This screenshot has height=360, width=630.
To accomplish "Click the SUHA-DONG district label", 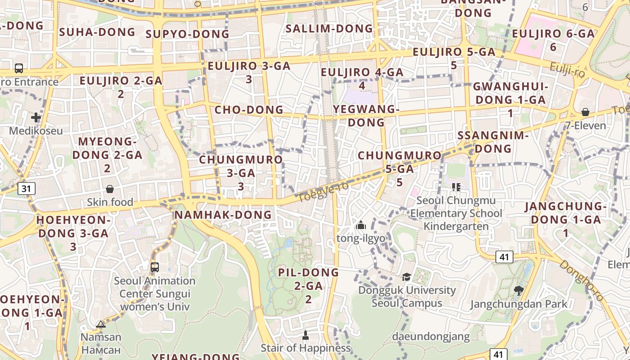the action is coord(97,32).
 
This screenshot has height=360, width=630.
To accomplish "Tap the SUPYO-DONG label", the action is coord(188,34).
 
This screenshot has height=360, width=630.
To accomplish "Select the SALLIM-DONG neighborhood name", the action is coord(329,29).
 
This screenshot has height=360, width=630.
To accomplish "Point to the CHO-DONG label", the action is coord(249,110).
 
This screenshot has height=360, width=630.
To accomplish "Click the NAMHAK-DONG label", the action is coord(223,215).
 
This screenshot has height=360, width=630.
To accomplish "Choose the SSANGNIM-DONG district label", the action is coord(493,142).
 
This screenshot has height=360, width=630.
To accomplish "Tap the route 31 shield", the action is coord(27,189).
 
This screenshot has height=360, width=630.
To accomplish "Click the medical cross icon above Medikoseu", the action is coord(36,118).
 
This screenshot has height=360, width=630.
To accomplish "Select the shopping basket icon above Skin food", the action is coord(110,189).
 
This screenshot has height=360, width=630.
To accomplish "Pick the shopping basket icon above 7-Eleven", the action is coord(585,112).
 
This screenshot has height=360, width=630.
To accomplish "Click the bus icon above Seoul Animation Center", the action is coord(155,267).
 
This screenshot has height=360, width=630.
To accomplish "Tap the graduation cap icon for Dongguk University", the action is coord(407,277).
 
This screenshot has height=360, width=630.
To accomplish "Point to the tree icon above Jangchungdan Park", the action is coord(518,291).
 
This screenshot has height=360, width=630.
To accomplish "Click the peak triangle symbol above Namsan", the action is coord(101,324).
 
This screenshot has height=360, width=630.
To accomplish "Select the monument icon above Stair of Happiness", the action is coord(306,335).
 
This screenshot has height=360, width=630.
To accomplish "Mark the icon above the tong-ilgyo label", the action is coord(360,225).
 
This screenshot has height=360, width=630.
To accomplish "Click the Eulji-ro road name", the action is coord(567,70).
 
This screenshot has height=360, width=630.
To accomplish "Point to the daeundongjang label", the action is coord(431,336).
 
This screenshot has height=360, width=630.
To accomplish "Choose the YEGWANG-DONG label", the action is coord(366,116).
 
